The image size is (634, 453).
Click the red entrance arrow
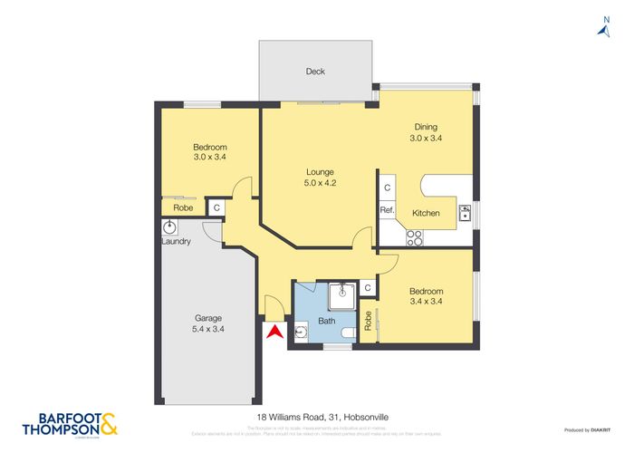[x=274, y=333]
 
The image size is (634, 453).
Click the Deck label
[x=314, y=72]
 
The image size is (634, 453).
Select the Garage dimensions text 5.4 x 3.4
[x=209, y=330]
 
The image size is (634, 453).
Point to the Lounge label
[x=320, y=172]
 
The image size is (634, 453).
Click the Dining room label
[x=426, y=127]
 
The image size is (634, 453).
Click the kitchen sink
[x=465, y=213]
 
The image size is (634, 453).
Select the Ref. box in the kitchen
[x=387, y=210]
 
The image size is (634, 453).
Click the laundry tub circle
[x=168, y=226]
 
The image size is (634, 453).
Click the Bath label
[x=327, y=320]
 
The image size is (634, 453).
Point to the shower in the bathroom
[x=341, y=292]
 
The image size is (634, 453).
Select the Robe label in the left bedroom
[x=183, y=207]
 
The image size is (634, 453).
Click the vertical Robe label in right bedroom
[x=368, y=320]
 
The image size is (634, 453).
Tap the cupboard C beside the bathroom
[x=368, y=288]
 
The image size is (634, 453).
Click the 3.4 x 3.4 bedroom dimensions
[x=425, y=301]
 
